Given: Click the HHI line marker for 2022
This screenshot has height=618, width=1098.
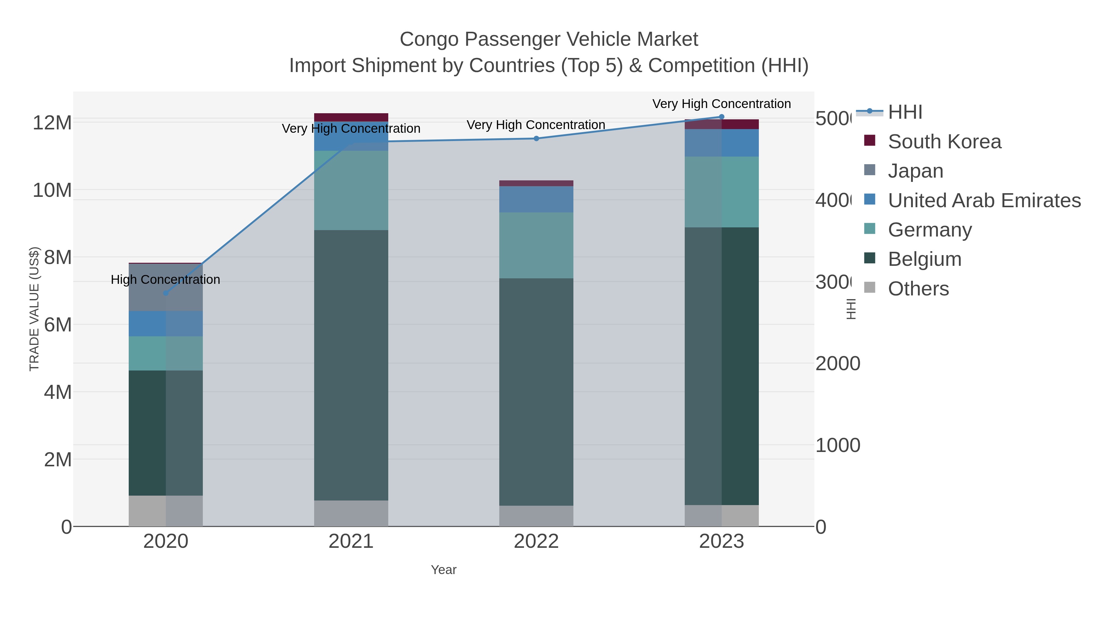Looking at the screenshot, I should coord(536,138).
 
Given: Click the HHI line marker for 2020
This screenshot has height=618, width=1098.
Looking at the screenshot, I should coord(166,293).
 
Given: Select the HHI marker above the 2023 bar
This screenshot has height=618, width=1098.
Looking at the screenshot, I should coord(721,117).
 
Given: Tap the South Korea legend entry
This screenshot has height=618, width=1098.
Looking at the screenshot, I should coord(944,141).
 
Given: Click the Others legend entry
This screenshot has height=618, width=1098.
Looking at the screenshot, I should coord(918,289).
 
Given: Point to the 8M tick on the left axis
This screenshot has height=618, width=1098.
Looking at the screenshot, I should coord(58,257).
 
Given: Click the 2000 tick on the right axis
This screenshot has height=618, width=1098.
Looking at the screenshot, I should coord(838,363).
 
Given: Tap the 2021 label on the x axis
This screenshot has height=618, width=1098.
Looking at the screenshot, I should coord(351,541).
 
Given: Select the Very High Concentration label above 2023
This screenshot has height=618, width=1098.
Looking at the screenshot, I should coord(721,104).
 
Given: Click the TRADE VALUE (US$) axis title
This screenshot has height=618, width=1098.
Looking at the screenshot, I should coord(34,309).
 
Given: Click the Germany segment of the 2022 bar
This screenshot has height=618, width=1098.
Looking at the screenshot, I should coord(536,245).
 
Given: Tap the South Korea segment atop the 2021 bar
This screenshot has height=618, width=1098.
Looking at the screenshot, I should coord(351,117).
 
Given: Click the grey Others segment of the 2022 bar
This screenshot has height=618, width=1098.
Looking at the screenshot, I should coord(536,516).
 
